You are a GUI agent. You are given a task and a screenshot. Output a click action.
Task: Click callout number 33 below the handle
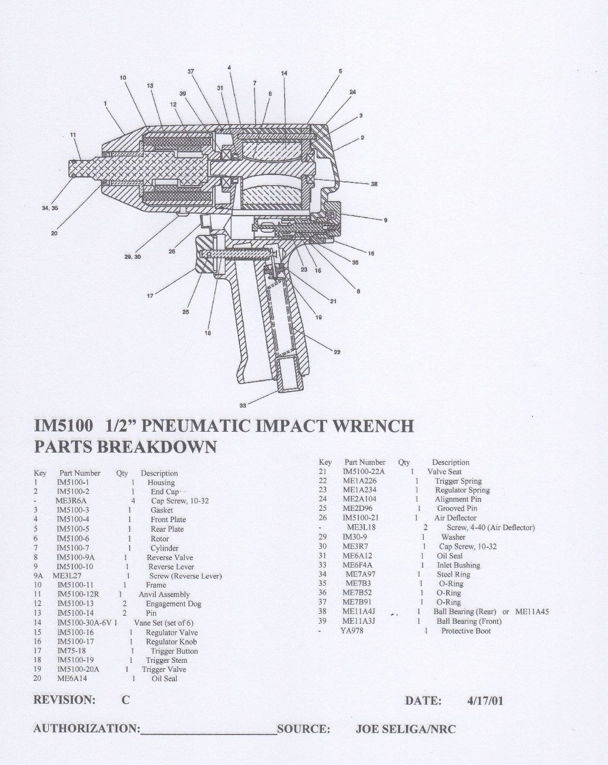pos(243,406)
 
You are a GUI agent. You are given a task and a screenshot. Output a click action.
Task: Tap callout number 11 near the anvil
pos(73,134)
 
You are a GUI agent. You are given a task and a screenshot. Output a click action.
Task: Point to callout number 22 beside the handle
pos(337,352)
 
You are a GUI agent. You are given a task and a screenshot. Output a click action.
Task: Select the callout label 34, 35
pos(50,208)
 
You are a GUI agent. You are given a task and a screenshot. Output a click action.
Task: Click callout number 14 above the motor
pos(284,73)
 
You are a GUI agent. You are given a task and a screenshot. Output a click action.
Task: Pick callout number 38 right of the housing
pos(374,184)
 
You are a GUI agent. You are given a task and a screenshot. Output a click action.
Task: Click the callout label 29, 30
pos(132,257)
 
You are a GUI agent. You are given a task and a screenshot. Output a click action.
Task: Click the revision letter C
pos(125,700)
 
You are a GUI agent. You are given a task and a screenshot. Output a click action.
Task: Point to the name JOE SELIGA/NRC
pos(406,729)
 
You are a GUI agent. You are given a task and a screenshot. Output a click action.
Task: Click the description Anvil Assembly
pos(164,594)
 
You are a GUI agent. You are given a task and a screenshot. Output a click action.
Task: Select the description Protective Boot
pos(466,631)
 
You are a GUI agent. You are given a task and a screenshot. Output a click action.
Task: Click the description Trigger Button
pos(174,651)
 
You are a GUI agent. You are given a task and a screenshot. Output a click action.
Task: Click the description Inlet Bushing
pos(458,565)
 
